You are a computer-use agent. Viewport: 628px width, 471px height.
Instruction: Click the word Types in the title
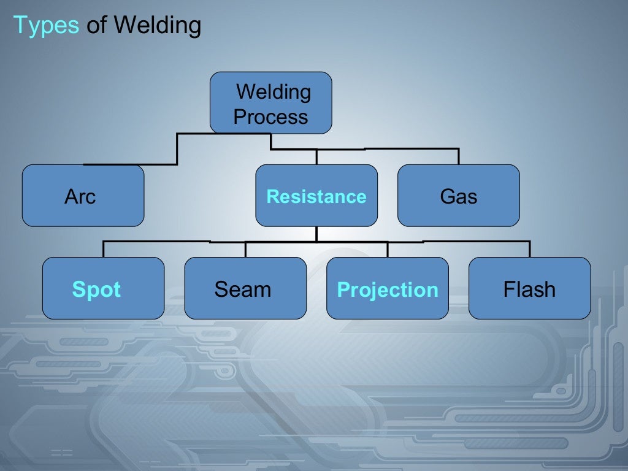46,26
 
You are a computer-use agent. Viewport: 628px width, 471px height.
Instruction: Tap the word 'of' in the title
97,26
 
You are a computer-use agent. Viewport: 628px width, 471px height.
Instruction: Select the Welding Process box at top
270,102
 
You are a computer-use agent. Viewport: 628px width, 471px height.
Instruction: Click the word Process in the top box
270,117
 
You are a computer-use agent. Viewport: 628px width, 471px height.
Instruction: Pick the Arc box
83,196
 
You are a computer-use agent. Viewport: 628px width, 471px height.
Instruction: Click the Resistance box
316,196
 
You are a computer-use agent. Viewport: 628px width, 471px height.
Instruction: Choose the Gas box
458,196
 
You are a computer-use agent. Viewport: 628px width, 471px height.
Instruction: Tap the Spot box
103,288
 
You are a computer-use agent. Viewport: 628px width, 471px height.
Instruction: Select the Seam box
245,288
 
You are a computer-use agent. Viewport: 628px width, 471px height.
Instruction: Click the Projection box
388,288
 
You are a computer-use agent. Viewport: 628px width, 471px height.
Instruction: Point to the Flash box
529,288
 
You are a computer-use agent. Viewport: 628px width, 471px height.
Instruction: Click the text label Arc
80,197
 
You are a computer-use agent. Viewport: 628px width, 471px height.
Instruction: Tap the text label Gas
458,197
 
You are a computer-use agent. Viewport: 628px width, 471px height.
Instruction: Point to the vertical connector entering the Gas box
458,156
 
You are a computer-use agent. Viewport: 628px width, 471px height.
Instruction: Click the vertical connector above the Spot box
103,249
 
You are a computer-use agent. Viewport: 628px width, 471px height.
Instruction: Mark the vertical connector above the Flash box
529,249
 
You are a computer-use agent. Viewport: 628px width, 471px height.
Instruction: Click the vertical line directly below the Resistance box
316,234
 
